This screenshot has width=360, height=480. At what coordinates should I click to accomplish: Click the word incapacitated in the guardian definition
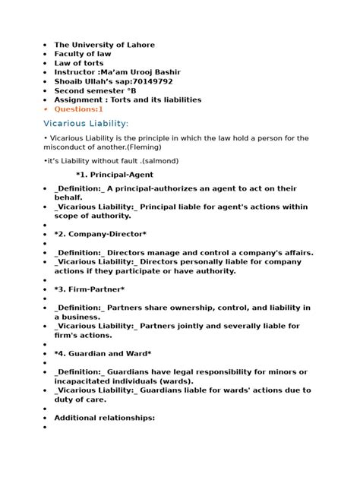[87, 381]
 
